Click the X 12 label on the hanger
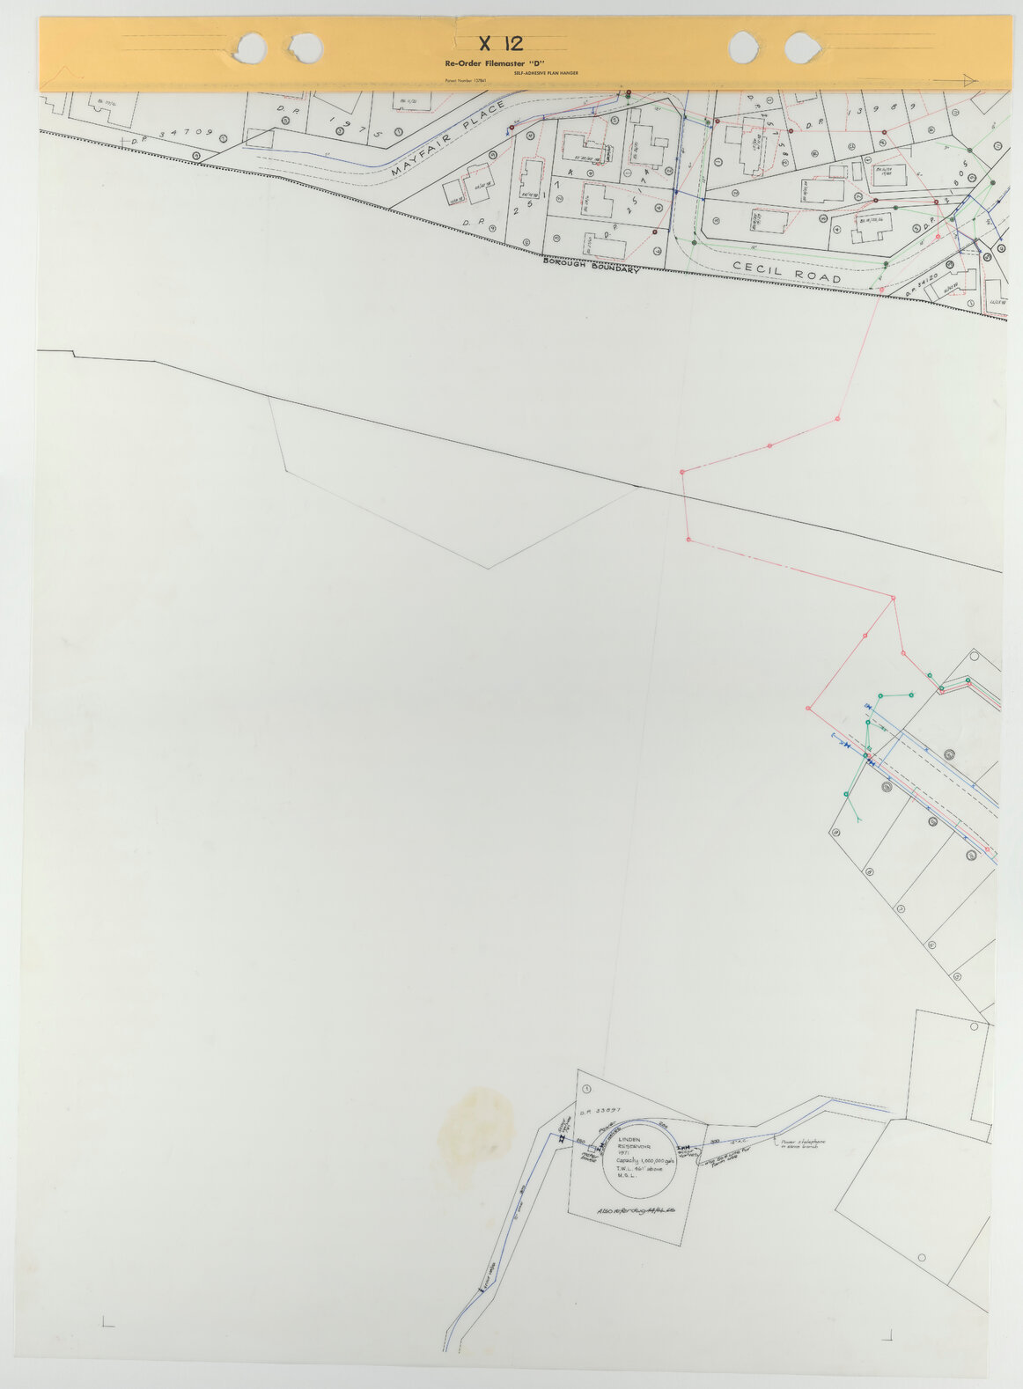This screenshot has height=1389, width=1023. tap(499, 44)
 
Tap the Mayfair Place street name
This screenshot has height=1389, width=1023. tap(449, 140)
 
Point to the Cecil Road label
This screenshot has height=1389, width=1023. tap(786, 273)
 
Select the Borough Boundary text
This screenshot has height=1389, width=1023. tap(591, 264)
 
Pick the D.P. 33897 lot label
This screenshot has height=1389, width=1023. tap(602, 1111)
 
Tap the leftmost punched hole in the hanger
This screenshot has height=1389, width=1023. tap(252, 46)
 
